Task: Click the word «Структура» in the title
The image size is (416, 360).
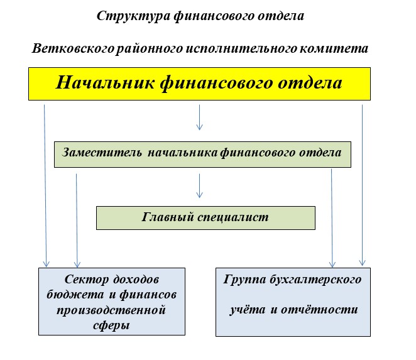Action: tap(133, 16)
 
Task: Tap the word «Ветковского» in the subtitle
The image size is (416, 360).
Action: tap(73, 48)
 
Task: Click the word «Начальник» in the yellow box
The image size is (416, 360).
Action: tap(105, 82)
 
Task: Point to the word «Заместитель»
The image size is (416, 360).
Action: tap(102, 153)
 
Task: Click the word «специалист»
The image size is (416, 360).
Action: tap(233, 217)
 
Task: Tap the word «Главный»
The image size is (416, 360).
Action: tap(168, 217)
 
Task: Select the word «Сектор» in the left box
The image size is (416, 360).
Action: tap(87, 280)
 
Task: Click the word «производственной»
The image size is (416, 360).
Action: tap(111, 310)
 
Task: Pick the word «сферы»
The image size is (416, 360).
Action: tap(111, 325)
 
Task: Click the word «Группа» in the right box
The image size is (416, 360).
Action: tap(244, 280)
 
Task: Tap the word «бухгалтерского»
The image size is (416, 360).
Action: tap(315, 280)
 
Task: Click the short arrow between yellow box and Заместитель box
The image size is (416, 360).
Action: tap(199, 117)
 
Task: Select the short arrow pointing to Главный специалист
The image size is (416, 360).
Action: tap(199, 186)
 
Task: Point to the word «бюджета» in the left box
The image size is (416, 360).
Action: tap(75, 295)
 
